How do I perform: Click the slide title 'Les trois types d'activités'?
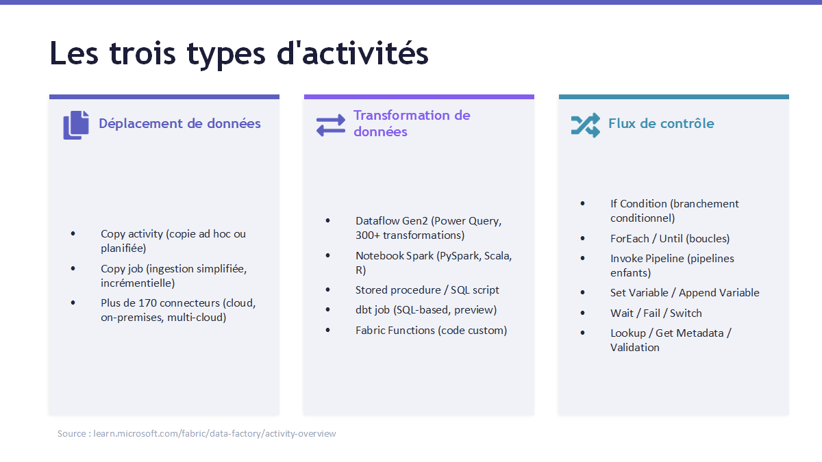(239, 54)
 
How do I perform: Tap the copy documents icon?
(76, 125)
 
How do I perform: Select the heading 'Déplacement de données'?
(179, 124)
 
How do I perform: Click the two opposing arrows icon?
(331, 125)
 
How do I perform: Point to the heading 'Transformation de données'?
(412, 123)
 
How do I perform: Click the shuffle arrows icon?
(586, 125)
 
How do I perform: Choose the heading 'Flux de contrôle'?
(661, 124)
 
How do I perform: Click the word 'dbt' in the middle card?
(363, 310)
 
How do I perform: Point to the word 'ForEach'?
(630, 239)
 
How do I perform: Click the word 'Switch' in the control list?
(686, 313)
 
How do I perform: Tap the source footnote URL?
(214, 433)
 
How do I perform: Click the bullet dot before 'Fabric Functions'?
(327, 330)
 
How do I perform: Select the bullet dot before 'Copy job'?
(73, 268)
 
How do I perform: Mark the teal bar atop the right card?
(674, 97)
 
